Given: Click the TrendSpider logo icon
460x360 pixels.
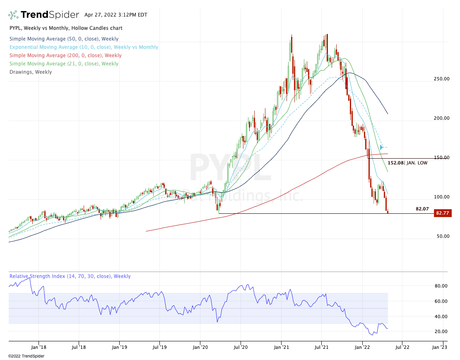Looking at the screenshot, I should coord(13,15).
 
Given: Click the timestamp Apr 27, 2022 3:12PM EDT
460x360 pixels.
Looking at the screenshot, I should coord(116,15).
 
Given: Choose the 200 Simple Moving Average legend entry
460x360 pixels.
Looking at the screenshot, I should coord(65,56).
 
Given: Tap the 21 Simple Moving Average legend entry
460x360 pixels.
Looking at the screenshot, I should coord(64,64).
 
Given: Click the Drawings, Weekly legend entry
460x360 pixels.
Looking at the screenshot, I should coord(31,72).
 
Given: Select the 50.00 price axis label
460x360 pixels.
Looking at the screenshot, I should coord(442,236).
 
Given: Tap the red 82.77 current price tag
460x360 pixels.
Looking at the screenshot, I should coord(442,213).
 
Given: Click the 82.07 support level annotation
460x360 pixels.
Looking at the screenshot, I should coord(422,209).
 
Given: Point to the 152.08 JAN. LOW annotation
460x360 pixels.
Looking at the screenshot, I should coord(408,163).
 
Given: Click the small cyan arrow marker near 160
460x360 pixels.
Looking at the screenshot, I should coord(381,147).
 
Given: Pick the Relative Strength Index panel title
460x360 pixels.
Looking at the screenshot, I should coord(70,276).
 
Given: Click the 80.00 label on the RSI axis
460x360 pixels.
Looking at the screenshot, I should coord(441,286).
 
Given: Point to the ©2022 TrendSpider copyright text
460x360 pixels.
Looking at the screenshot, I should coord(26,356).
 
